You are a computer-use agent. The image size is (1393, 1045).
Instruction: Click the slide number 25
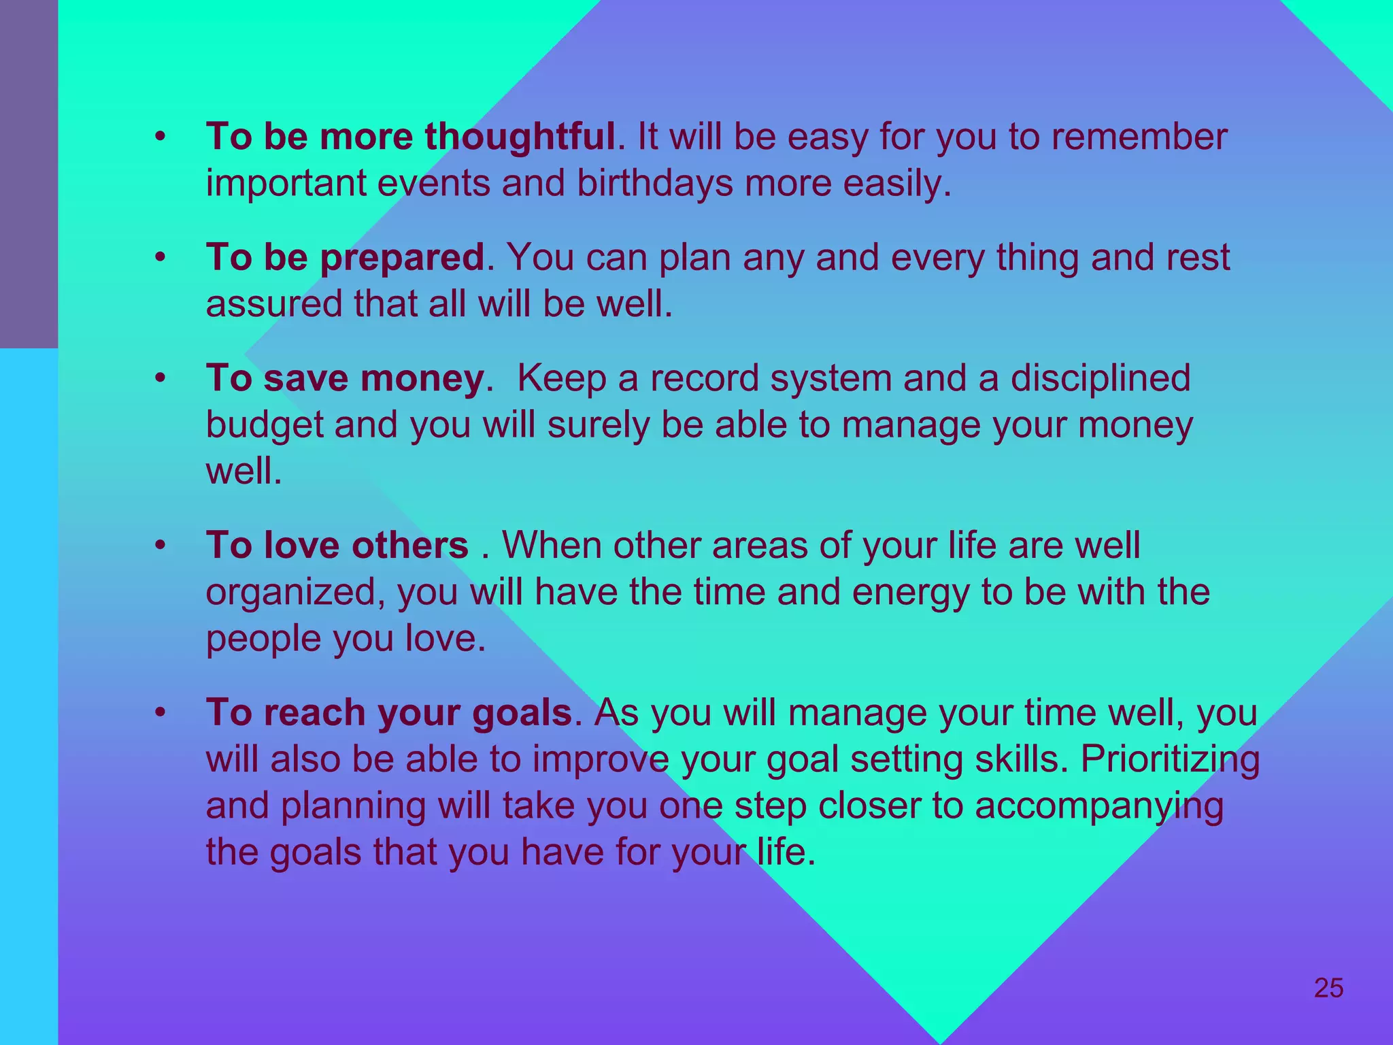(x=1328, y=987)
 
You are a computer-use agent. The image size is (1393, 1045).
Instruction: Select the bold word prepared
(x=402, y=257)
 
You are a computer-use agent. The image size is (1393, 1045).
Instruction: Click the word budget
(x=265, y=426)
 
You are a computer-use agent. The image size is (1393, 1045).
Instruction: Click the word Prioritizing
(x=1169, y=759)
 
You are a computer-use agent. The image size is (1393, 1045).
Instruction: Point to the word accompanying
(x=1098, y=807)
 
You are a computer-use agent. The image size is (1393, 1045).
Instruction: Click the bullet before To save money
(x=160, y=378)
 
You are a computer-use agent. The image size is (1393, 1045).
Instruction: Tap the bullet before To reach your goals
(x=160, y=713)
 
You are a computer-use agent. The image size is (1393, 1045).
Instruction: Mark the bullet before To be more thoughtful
(x=160, y=137)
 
